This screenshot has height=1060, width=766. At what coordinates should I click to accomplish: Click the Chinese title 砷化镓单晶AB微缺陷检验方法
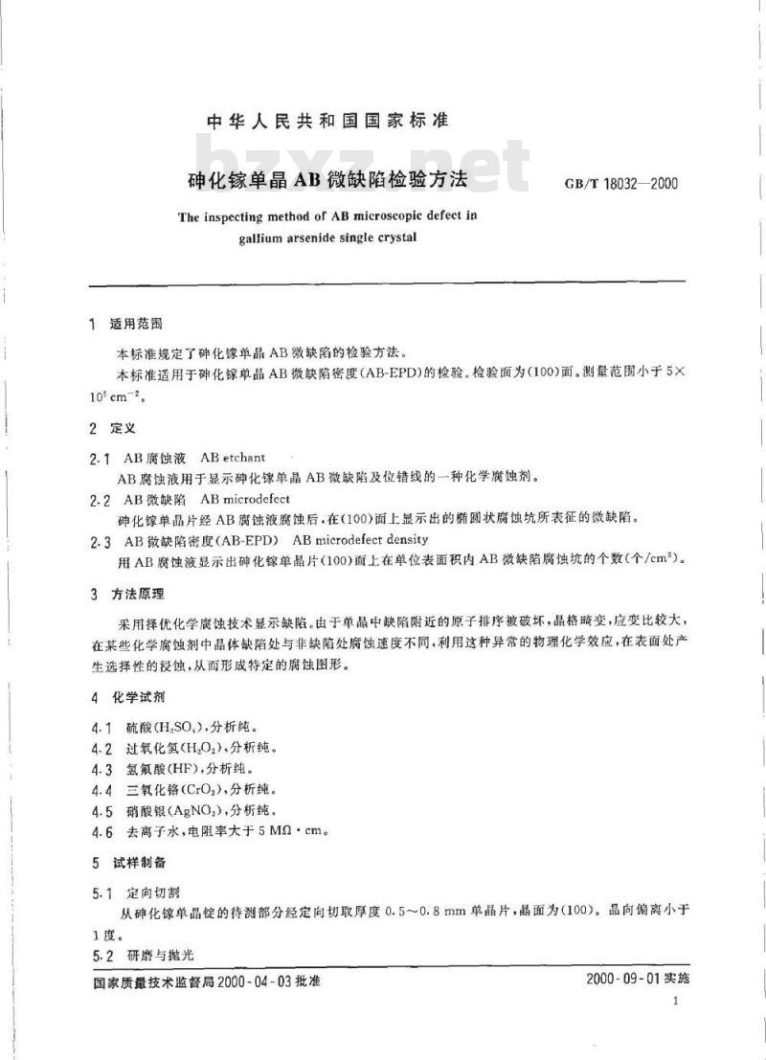click(327, 178)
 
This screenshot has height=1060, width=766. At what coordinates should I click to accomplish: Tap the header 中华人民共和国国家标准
click(328, 121)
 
